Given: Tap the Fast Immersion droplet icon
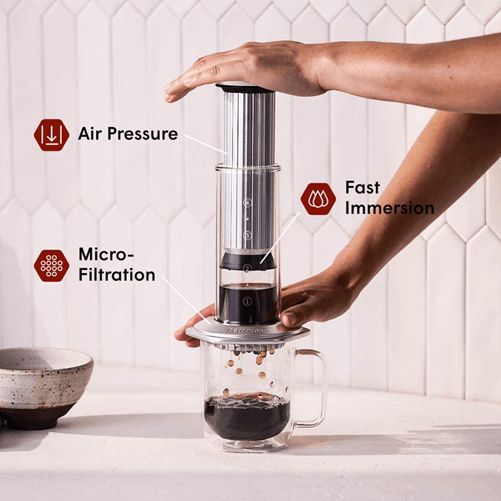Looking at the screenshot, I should pos(318,199).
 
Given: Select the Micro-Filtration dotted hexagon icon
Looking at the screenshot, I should pos(51,265).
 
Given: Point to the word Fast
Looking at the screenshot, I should pos(362,187).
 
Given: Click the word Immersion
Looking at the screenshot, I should pos(389,208).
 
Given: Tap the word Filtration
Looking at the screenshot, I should pos(116,274).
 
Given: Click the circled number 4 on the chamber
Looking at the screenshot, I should pos(248,203).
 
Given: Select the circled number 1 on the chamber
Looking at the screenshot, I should pos(248,301).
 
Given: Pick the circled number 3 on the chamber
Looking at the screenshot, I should pos(248,235).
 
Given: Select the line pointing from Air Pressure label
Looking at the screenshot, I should pos(204,143).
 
